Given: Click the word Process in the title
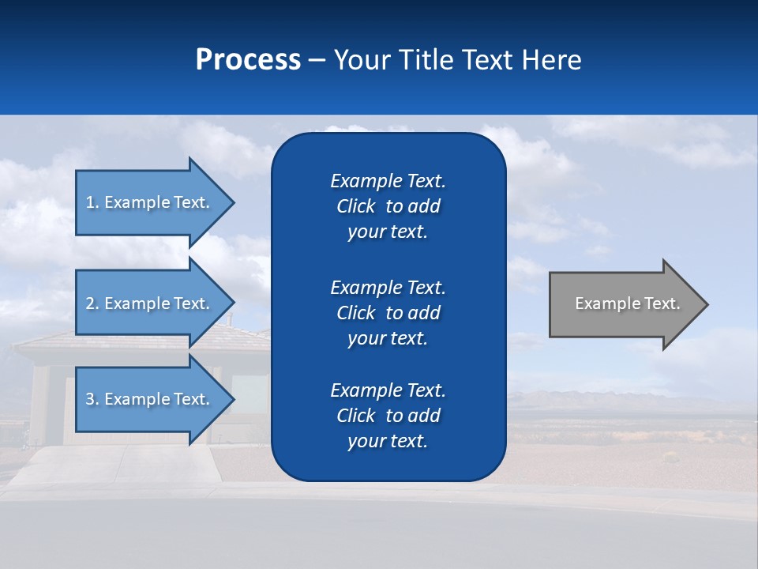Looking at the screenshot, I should (248, 60).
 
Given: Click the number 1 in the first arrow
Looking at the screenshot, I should (90, 202).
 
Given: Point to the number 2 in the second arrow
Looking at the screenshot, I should (90, 303).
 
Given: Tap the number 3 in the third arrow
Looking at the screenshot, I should (90, 399).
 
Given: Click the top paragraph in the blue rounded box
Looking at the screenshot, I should (388, 206).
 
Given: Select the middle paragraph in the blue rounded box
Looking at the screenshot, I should (388, 312).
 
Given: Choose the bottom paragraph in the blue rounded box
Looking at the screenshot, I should (388, 416).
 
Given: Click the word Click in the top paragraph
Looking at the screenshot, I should (355, 206).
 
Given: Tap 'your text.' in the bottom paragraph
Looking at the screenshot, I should (388, 441).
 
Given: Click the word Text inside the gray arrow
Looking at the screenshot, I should (662, 303).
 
